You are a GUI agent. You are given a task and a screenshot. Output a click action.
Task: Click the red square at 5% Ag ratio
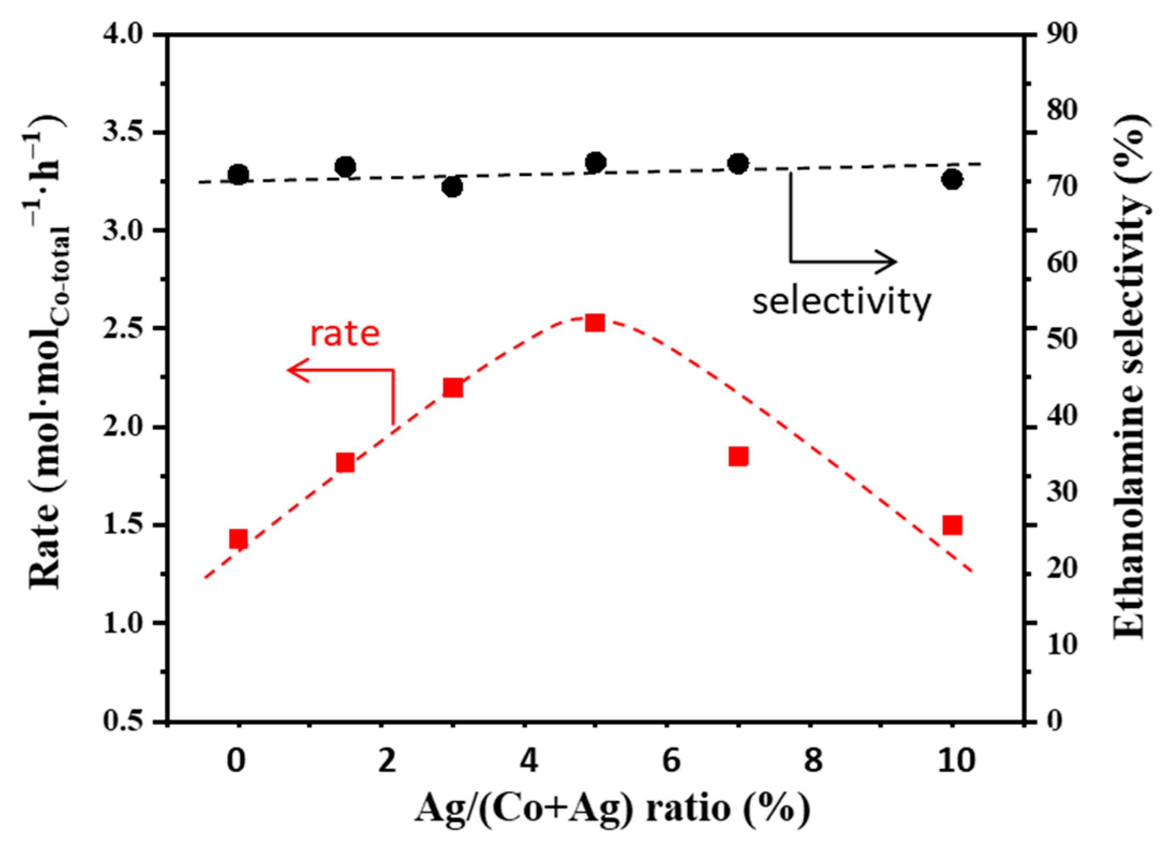tap(595, 323)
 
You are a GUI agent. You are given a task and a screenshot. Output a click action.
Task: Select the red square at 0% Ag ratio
tap(238, 539)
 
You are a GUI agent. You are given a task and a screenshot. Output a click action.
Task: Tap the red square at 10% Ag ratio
tap(952, 526)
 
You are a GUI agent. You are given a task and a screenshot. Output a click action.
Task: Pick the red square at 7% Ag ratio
tap(738, 457)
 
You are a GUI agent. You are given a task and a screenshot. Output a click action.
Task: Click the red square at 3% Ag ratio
tap(453, 387)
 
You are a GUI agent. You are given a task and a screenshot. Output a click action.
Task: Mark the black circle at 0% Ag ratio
tap(238, 175)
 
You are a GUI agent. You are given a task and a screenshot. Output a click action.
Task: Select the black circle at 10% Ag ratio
tap(952, 180)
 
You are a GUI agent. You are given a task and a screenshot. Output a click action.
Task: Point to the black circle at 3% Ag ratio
tap(453, 187)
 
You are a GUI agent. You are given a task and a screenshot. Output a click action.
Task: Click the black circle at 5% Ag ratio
tap(595, 162)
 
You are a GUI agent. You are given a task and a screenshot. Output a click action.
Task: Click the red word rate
tap(345, 334)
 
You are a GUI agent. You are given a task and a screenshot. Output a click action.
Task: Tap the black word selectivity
tap(841, 302)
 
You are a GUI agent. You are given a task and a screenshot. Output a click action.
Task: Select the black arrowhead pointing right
tap(887, 262)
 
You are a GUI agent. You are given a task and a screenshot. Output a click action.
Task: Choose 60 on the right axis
tap(1062, 263)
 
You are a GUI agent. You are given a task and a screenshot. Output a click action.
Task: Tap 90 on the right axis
tap(1062, 34)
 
